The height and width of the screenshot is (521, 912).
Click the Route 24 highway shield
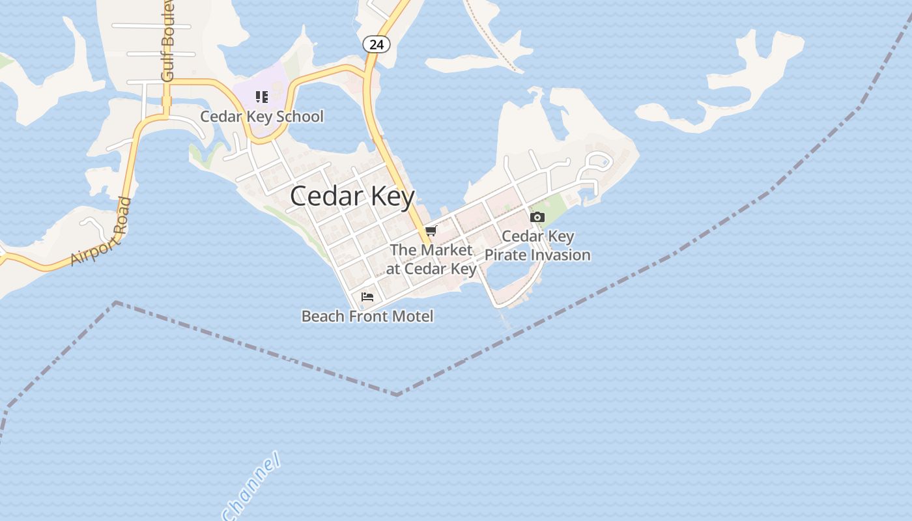pos(376,44)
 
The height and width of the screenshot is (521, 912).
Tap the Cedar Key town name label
pos(352,196)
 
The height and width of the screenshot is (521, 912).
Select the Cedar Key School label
pos(261,117)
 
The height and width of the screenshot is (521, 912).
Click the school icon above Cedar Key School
pos(262,97)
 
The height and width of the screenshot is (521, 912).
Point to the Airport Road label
pos(101,232)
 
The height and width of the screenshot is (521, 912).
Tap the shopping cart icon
pos(431,231)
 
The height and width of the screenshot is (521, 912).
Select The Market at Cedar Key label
pos(432,259)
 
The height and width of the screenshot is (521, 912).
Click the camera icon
pos(537,217)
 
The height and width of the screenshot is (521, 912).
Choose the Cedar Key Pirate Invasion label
pos(537,246)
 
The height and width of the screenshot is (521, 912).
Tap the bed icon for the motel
pos(367,297)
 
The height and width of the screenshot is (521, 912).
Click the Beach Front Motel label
pos(367,317)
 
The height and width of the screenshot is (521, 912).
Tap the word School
pos(300,117)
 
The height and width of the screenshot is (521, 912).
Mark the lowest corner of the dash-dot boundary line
pos(397,394)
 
